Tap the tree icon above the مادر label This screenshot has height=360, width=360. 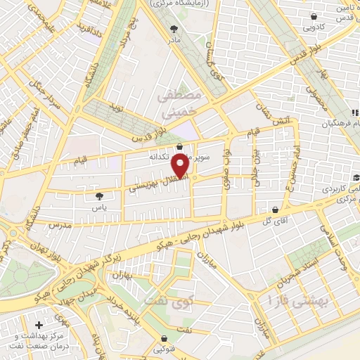pos(174,30)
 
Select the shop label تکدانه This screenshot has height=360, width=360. pos(164,156)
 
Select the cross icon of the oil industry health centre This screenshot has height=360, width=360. pos(38,325)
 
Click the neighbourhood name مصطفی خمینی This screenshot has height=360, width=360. pos(181,102)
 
